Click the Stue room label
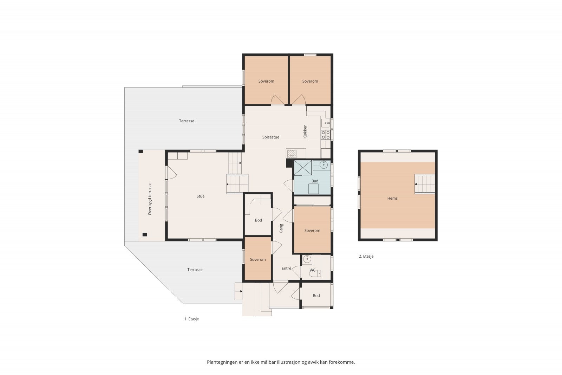(201, 196)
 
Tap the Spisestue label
(271, 137)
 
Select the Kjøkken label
(305, 131)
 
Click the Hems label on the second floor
(392, 198)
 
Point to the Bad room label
(315, 181)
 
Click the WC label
(312, 270)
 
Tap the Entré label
(286, 268)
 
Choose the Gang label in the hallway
(281, 228)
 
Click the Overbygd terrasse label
(150, 199)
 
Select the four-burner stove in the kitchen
(326, 135)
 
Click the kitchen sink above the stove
(326, 123)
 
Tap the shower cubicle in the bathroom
(303, 168)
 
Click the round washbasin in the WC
(307, 259)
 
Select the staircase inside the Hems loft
(425, 184)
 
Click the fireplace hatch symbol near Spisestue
(292, 154)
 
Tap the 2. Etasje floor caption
(366, 256)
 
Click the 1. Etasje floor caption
(192, 319)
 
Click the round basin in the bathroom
(324, 165)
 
